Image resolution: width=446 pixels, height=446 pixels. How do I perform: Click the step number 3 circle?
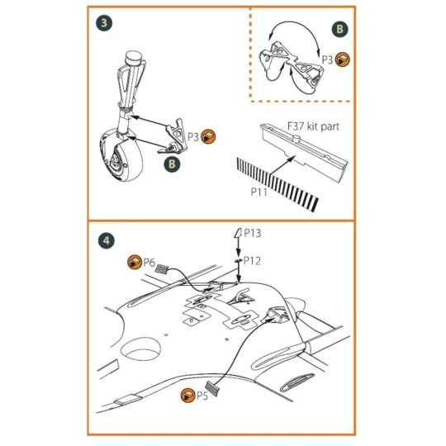[103, 23]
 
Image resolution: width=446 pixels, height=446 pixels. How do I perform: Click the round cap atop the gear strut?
[132, 59]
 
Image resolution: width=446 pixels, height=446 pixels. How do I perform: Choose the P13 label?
[252, 235]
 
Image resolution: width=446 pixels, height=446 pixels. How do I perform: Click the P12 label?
[251, 260]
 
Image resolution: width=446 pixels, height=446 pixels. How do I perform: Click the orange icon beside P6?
[132, 263]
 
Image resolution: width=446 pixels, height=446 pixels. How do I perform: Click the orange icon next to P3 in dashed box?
[343, 59]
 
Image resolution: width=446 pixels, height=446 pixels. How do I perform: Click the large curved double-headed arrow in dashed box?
[289, 33]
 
